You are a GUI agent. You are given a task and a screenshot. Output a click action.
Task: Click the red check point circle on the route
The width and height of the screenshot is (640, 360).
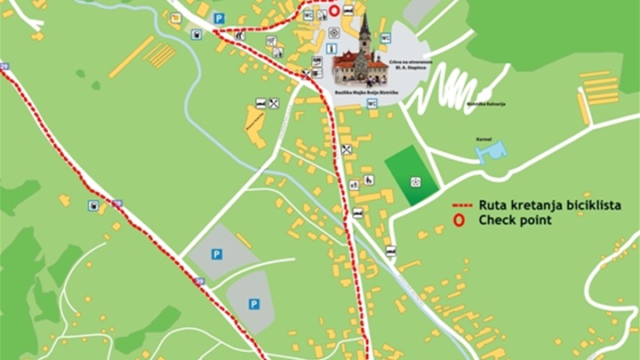333,12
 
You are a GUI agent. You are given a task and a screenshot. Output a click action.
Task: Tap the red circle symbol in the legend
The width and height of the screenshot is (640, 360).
460,220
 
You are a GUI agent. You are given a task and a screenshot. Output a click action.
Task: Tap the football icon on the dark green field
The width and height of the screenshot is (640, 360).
415,181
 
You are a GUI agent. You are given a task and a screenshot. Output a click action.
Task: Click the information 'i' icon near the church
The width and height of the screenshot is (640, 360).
332,48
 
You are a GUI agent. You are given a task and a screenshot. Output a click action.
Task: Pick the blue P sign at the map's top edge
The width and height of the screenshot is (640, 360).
220,18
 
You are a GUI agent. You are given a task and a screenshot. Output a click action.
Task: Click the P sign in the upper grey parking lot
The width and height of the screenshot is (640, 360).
217,253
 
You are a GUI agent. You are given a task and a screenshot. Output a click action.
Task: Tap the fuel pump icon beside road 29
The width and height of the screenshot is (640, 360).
93,205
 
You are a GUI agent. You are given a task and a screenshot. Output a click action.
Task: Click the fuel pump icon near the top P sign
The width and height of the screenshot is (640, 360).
196,35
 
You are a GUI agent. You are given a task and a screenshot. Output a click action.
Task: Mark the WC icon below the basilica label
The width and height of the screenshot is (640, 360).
372,102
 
